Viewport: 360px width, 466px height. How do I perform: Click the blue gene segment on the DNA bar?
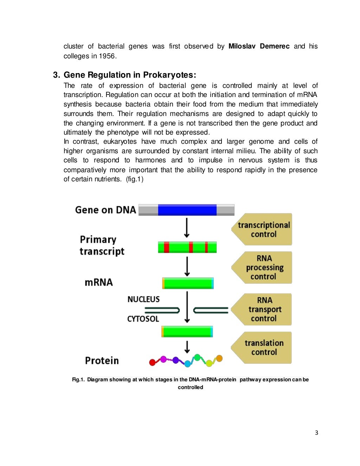[187, 210]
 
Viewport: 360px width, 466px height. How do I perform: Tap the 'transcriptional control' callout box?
[263, 229]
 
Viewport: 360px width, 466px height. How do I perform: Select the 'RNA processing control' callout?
[264, 267]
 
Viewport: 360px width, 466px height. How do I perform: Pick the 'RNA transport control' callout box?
[264, 309]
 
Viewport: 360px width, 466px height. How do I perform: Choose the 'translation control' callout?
[264, 348]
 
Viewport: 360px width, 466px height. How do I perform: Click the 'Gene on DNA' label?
[105, 210]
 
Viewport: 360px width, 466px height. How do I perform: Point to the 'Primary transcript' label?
[102, 245]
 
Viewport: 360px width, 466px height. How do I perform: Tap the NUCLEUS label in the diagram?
[143, 299]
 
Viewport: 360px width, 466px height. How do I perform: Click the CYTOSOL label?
[143, 319]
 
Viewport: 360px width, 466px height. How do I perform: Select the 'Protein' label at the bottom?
[102, 361]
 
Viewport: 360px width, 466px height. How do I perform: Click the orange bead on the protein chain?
[219, 358]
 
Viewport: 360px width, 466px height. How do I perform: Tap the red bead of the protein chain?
[152, 362]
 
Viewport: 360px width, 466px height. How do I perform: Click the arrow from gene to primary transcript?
[187, 228]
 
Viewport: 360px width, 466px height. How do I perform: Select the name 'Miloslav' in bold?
[242, 46]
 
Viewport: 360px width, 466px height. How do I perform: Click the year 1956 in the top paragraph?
[107, 56]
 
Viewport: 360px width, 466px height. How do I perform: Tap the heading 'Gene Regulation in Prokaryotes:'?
[130, 75]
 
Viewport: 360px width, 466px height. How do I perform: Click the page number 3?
[316, 433]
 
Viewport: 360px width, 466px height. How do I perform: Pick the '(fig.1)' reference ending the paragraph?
[135, 179]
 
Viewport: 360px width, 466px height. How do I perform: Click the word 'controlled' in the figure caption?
[190, 387]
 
